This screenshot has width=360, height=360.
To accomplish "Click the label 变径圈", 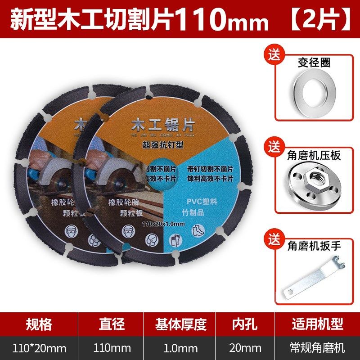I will [x=314, y=63].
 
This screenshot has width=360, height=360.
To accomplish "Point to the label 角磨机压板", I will [x=314, y=156].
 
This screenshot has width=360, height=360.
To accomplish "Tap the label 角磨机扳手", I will [x=314, y=247].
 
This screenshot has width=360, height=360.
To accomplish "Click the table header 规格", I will [x=39, y=324].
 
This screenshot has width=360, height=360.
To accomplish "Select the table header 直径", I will [x=112, y=324].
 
